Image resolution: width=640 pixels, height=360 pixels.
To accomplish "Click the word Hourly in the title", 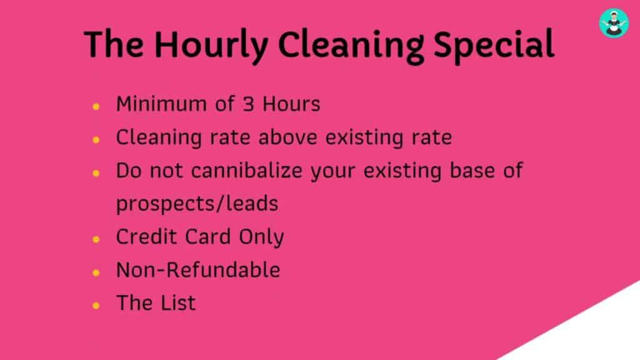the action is pos(211,45).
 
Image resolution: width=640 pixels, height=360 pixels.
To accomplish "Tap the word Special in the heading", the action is pos(494,45).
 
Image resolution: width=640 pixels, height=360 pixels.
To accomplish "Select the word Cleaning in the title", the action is pos(351,45).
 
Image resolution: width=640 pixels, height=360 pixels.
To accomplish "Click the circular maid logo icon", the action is pos(614,23).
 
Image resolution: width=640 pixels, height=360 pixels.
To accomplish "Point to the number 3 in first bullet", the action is pos(249,104).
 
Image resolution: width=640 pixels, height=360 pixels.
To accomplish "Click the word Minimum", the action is pos(161,104).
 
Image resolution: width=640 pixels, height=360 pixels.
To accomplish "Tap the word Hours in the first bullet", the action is pos(291,104).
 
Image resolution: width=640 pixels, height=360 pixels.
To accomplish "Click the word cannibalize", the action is pos(246,170).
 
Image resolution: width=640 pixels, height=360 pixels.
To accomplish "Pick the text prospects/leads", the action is pos(197,203).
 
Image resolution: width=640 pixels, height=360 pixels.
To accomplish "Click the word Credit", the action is pos(146,237).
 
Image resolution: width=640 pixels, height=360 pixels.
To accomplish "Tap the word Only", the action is pos(261,237).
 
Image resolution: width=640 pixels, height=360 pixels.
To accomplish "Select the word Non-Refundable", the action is pos(198,270).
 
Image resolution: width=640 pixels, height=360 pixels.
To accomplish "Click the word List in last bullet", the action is pos(178,303).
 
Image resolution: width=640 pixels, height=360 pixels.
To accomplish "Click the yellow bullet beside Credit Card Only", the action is pos(96,239).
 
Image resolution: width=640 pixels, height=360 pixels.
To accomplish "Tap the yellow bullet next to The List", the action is pos(96,305).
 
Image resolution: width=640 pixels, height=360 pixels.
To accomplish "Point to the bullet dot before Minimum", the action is pos(96,106).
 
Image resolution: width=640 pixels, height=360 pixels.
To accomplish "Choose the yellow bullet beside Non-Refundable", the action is pos(96,272).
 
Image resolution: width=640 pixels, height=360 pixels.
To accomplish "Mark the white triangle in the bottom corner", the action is pos(592,336).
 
